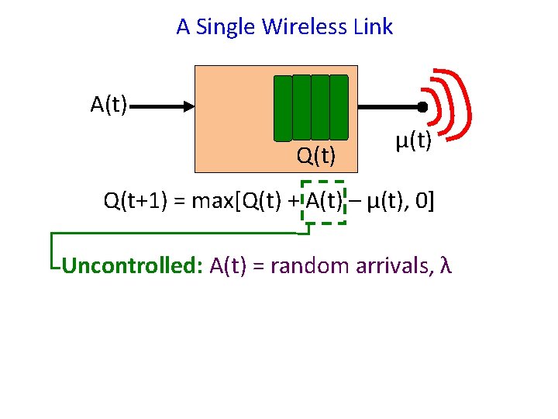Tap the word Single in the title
point(226,27)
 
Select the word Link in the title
point(373,27)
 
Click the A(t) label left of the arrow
point(109,105)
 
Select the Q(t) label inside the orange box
point(316,157)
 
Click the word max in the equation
point(208,203)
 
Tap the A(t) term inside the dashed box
point(324,203)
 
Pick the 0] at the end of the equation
point(425,203)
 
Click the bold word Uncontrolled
point(132,266)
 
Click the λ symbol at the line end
point(445,266)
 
